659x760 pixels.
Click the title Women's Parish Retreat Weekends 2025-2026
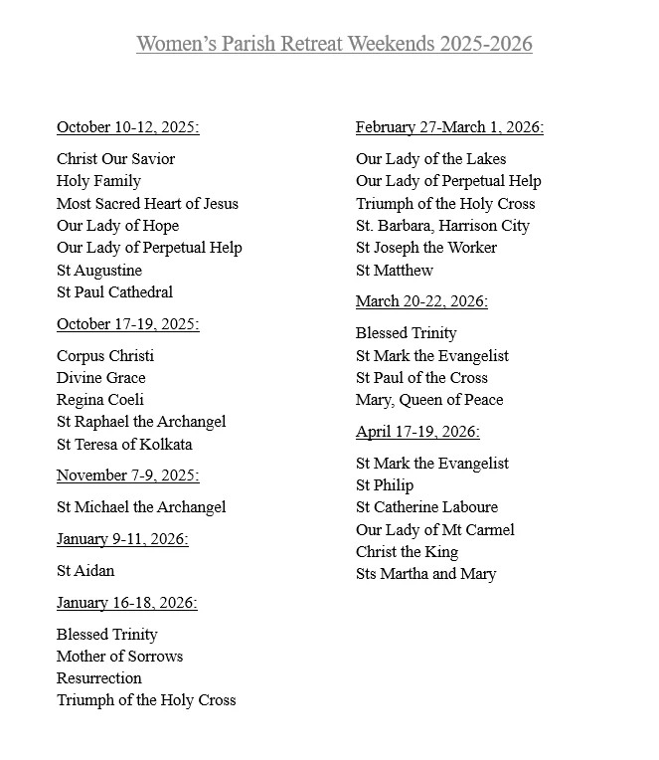334,44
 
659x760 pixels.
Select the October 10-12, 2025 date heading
128,127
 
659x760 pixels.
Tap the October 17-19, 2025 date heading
128,324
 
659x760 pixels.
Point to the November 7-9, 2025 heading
128,475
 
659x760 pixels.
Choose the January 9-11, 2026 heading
122,539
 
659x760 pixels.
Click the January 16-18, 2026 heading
127,603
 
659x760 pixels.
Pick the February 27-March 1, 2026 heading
449,127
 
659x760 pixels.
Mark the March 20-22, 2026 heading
421,301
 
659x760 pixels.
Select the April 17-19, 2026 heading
417,432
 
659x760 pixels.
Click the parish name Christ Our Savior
116,159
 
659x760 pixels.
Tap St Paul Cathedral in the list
115,292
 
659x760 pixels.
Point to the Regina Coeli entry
100,400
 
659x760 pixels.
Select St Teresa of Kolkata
124,445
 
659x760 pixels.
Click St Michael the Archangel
141,507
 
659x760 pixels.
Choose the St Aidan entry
85,571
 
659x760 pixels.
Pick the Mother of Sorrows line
120,657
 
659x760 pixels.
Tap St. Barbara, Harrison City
442,226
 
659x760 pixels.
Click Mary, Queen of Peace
429,400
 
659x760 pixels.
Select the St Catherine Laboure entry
426,507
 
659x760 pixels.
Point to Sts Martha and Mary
425,574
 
